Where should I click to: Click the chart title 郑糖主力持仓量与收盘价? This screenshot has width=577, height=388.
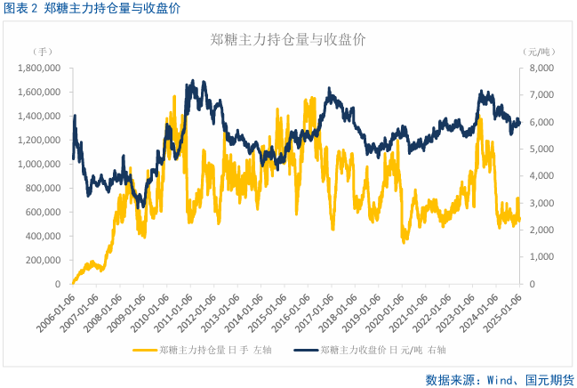[288, 40]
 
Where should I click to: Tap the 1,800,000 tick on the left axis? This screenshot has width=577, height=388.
[40, 68]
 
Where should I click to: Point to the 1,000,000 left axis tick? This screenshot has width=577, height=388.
[40, 164]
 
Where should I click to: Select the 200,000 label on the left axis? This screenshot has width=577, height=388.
[44, 260]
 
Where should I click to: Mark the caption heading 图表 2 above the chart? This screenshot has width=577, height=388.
[20, 8]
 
